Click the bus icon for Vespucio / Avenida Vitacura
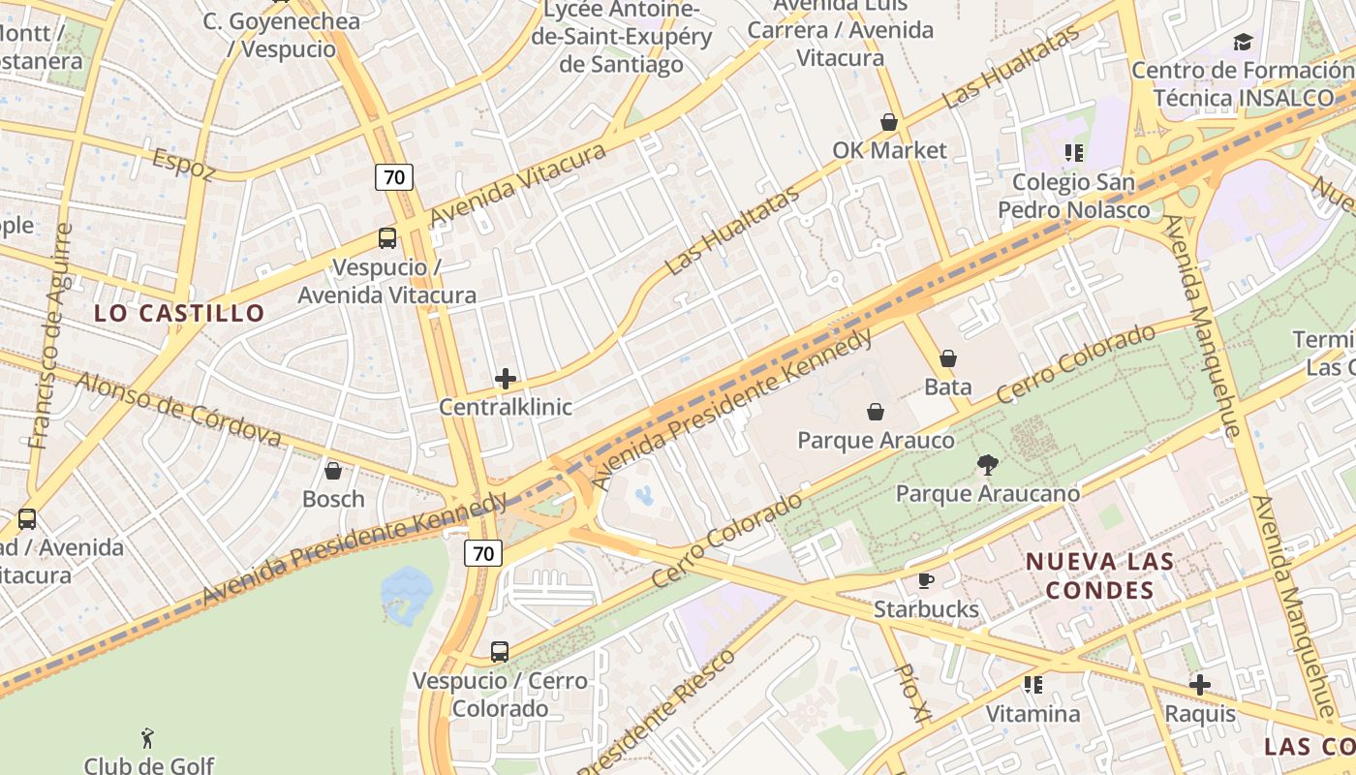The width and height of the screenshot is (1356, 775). (386, 238)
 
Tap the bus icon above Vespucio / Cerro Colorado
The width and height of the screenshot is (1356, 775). (500, 652)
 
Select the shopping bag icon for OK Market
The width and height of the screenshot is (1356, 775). (888, 122)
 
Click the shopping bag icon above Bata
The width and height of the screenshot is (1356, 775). (948, 358)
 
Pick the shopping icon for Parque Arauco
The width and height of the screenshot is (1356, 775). (875, 412)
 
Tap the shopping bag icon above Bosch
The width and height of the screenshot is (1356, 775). (333, 471)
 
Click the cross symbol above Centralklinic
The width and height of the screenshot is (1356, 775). (506, 379)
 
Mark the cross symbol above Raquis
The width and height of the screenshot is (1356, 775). (1200, 685)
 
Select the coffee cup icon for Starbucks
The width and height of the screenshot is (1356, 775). (926, 580)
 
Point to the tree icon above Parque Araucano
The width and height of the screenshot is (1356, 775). (987, 465)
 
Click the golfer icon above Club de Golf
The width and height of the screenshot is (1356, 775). (148, 738)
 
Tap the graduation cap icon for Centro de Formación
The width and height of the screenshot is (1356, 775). (1243, 42)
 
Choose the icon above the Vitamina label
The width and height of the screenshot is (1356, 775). (1033, 685)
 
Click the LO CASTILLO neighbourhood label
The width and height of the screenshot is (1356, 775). (179, 313)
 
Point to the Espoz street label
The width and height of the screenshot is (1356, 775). (183, 165)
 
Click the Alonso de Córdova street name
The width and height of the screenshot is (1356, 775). (178, 410)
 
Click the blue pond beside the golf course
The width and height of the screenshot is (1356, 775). (408, 587)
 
